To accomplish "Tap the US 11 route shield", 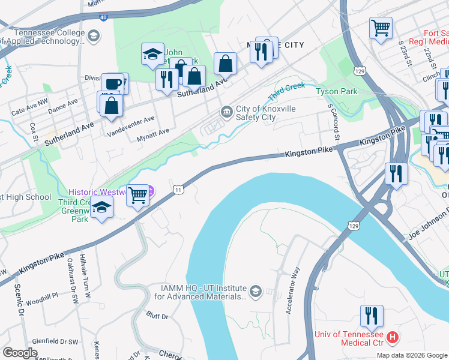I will pos(178,190).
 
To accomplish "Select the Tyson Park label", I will pos(337,92).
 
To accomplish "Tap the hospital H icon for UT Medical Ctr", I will pos(393,338).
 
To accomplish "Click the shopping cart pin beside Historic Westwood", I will pos(138,195).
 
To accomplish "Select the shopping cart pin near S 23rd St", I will pos(381,28).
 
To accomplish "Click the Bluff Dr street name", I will pos(158,314).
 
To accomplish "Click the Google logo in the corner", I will pos(20,353).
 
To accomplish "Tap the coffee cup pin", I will pos(112,83).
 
